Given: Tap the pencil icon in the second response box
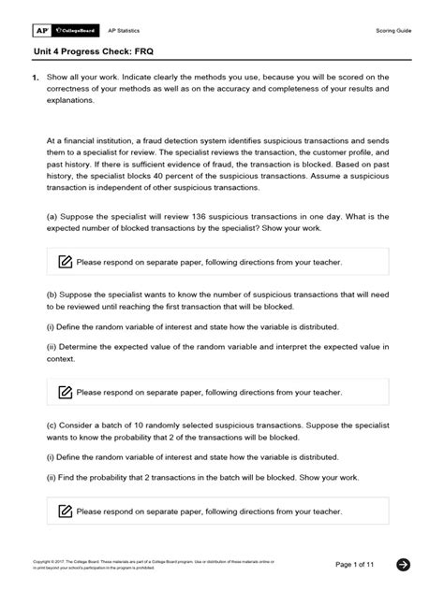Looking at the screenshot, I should tap(65, 391).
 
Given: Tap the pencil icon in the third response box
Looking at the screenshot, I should tap(65, 512).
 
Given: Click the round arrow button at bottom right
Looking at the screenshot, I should tap(404, 564).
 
